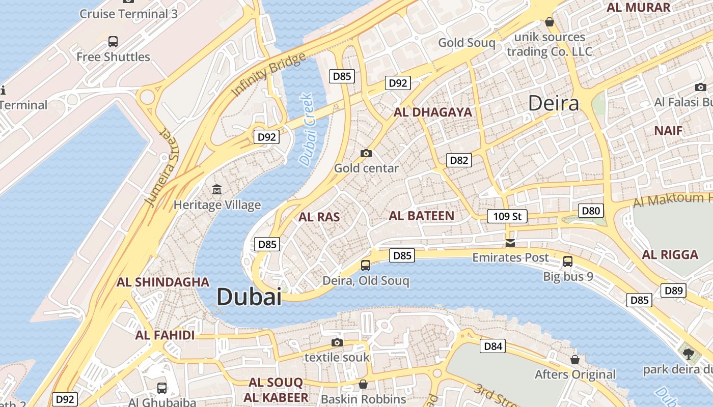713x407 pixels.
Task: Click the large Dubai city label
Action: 249,297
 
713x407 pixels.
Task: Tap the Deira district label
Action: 554,103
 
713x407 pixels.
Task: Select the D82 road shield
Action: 459,160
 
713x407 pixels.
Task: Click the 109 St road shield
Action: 507,216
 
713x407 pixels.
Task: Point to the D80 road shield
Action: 591,211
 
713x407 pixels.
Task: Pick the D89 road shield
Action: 673,290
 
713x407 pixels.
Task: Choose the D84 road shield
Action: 492,346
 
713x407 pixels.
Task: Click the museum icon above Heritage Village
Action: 217,189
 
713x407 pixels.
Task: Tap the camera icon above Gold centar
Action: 366,153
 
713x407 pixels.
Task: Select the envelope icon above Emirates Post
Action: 510,243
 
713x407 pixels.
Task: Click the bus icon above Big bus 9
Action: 568,261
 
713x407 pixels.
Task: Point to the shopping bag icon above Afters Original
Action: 575,360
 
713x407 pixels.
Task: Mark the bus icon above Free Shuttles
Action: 113,41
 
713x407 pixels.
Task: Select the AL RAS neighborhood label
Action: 319,217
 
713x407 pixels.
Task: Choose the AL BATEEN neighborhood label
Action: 421,216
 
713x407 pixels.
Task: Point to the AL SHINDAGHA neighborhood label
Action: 163,282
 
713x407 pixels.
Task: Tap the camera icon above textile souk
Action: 337,342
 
